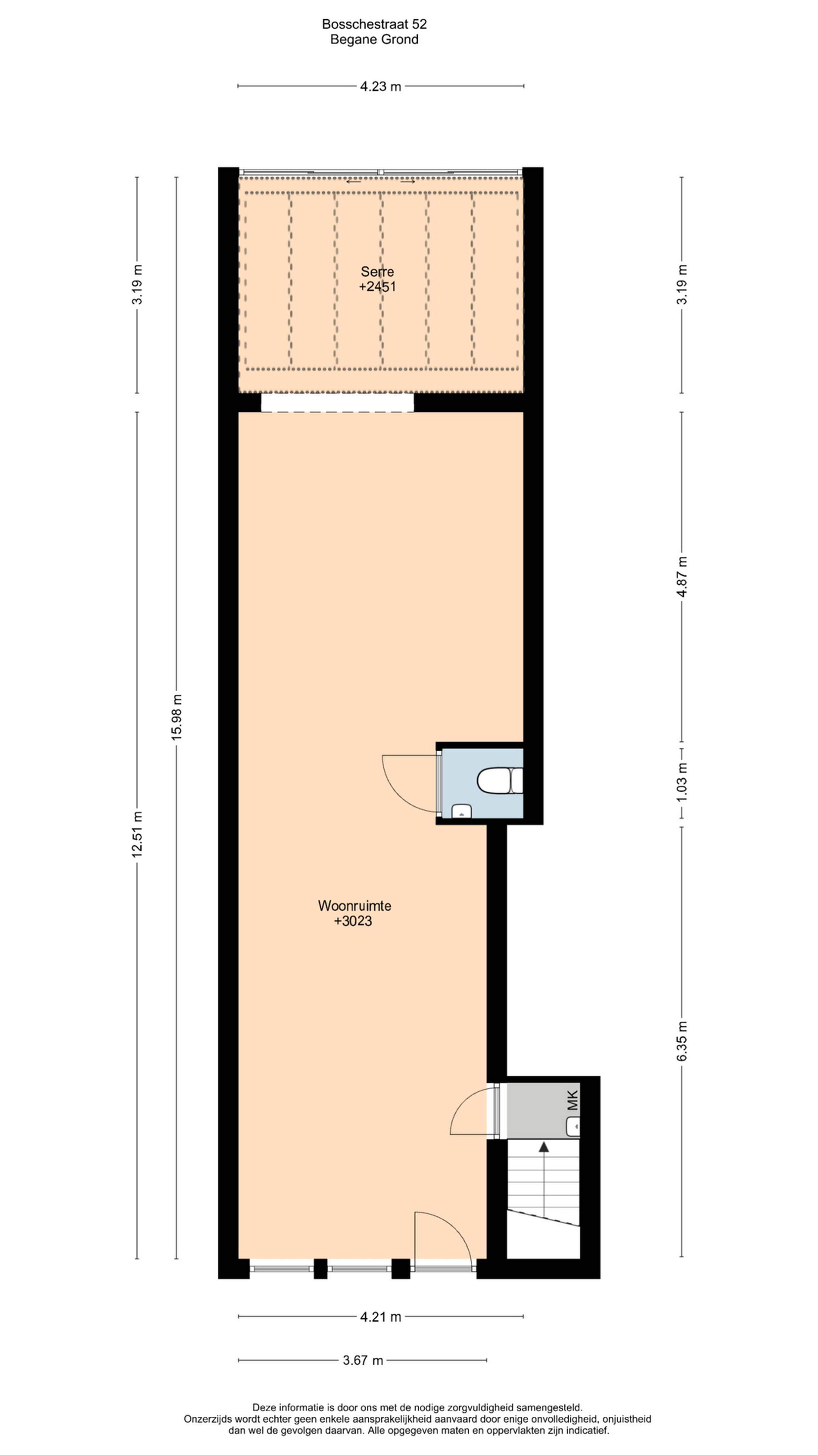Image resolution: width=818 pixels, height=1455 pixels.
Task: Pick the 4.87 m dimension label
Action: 682,577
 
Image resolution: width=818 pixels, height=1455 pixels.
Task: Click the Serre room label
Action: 377,272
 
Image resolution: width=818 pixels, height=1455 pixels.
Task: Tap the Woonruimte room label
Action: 354,905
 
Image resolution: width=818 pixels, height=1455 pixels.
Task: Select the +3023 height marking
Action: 353,921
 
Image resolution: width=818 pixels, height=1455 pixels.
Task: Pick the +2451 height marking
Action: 377,287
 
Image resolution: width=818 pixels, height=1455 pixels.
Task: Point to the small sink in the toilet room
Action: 462,811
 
